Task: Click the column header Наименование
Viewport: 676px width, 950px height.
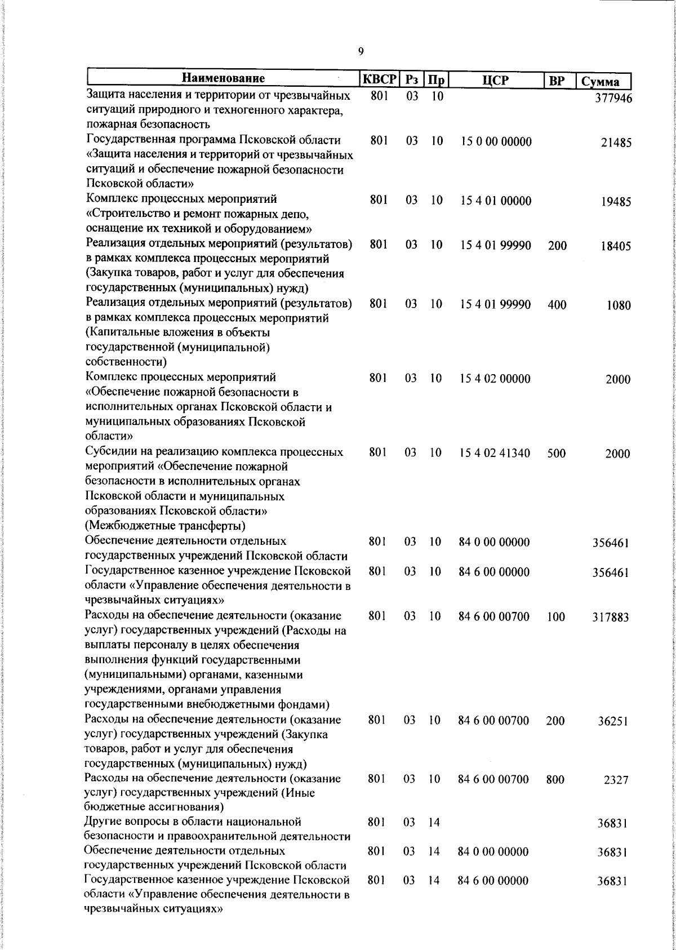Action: pyautogui.click(x=223, y=79)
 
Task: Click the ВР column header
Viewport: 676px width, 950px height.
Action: pyautogui.click(x=557, y=81)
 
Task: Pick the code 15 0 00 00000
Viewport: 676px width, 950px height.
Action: pyautogui.click(x=496, y=141)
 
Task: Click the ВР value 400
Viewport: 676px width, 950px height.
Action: pyautogui.click(x=557, y=305)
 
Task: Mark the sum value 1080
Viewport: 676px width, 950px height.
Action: pyautogui.click(x=619, y=306)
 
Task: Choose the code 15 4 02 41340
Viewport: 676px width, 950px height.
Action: pyautogui.click(x=495, y=453)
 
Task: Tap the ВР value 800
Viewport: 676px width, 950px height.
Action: pyautogui.click(x=555, y=780)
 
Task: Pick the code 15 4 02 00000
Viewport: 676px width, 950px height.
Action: pyautogui.click(x=495, y=379)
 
